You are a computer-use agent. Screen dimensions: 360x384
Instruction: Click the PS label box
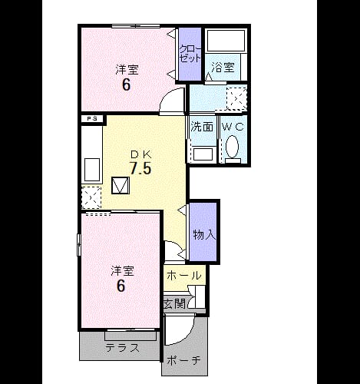coord(92,119)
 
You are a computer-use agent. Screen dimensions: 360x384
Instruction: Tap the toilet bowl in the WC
coord(232,147)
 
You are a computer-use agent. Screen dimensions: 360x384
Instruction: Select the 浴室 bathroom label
coord(223,68)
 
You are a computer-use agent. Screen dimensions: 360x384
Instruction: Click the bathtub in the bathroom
coord(226,41)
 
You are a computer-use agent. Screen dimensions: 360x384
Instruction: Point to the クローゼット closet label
coord(190,54)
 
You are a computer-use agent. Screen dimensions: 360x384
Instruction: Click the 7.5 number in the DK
coord(140,168)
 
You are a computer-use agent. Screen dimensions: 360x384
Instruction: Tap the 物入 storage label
coord(204,234)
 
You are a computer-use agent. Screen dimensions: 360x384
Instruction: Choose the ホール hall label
coord(183,276)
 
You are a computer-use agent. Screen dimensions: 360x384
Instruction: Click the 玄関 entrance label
coord(174,303)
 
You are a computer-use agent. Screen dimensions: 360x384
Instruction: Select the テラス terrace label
coord(123,348)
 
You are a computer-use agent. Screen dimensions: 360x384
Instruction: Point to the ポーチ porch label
coord(183,361)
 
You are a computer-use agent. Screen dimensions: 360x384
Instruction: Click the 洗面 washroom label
coord(202,127)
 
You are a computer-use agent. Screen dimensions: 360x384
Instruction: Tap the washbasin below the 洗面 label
coord(203,154)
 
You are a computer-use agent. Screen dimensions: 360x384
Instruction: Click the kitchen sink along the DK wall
coord(92,170)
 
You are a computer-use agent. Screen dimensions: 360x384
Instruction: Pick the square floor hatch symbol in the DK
coord(121,185)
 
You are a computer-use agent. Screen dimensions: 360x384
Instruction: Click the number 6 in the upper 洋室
coord(126,85)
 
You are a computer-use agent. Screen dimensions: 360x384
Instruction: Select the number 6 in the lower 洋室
coord(121,286)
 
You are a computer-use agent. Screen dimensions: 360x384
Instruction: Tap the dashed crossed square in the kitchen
coord(91,197)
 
